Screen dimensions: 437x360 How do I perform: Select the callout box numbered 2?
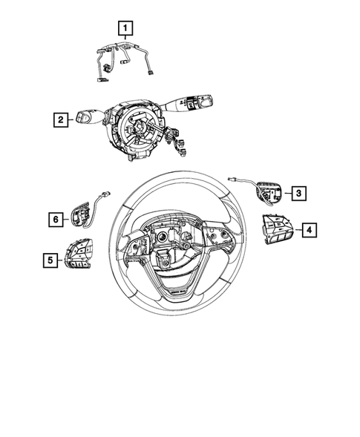pos(62,119)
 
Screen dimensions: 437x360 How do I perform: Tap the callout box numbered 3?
pos(298,194)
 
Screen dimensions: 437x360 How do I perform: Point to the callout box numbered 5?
pos(50,260)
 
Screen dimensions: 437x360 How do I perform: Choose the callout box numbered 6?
pos(55,219)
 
